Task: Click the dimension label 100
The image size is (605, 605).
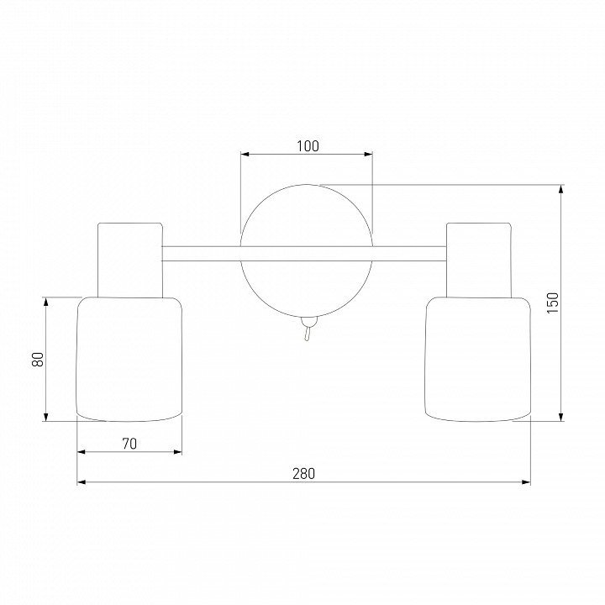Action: point(308,146)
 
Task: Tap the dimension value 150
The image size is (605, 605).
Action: point(553,302)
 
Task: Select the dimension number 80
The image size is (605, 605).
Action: point(38,360)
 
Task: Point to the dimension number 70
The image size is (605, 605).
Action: point(129,444)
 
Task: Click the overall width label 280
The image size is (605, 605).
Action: point(303,473)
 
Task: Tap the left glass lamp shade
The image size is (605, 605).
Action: point(129,360)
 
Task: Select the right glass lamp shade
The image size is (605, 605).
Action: point(477,360)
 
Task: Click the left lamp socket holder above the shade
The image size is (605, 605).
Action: point(130,260)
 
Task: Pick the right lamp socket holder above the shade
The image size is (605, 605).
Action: point(479,260)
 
